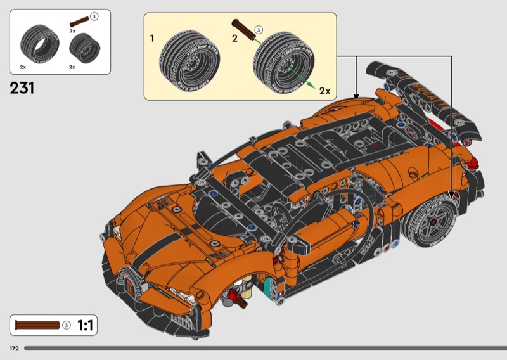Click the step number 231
tap(22, 87)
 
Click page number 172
tap(14, 349)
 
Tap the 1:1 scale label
tap(86, 326)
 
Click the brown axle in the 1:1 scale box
tap(37, 325)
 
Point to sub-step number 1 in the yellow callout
tap(152, 39)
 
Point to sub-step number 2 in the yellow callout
tap(234, 39)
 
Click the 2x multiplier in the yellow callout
tap(324, 91)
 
